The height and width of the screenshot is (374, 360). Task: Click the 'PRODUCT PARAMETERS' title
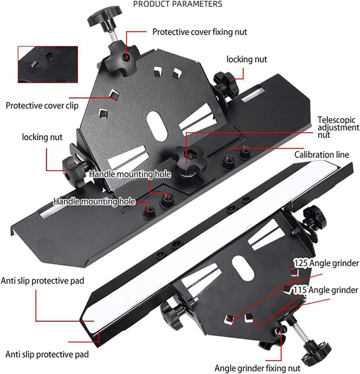tap(177, 4)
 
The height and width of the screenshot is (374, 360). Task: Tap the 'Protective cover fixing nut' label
tap(199, 32)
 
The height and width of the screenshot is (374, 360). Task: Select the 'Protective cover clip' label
tap(42, 106)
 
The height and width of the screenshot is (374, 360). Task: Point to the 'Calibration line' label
tap(321, 155)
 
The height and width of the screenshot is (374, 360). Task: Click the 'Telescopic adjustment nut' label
tap(338, 127)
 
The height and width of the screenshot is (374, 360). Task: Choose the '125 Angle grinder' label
tap(326, 263)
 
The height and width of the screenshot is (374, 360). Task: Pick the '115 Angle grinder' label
tap(325, 290)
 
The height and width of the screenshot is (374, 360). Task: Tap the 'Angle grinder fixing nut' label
tap(257, 368)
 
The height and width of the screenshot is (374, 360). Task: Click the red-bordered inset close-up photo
tap(48, 65)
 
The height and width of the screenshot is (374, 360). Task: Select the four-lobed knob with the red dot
tap(122, 58)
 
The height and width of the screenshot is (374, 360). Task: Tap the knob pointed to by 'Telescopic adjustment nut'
tap(189, 158)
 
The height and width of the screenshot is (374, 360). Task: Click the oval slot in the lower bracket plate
tap(243, 268)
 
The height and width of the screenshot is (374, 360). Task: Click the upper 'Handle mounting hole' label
tap(130, 174)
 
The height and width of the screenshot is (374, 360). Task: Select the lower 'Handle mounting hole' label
tap(94, 202)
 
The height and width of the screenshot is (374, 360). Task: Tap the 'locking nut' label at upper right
tap(246, 60)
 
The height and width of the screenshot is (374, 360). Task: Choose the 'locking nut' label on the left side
tap(42, 137)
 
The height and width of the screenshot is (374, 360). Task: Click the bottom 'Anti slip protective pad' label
tap(47, 354)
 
